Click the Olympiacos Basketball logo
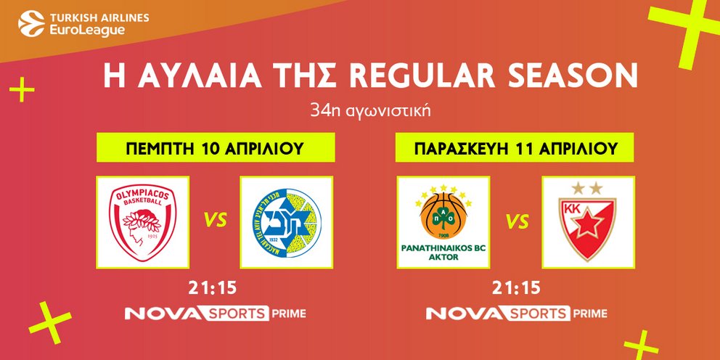(x=143, y=223)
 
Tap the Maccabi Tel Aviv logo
(x=287, y=223)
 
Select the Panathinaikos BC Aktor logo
(x=443, y=223)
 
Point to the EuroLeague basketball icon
(x=31, y=23)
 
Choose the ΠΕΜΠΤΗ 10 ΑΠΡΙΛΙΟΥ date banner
(x=216, y=147)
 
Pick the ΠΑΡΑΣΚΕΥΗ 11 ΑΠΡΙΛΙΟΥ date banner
(x=515, y=147)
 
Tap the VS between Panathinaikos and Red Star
(x=517, y=222)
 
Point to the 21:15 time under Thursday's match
(x=212, y=289)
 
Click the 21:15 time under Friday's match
(x=516, y=289)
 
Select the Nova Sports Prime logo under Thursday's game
(x=216, y=314)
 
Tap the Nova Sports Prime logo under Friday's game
(x=517, y=314)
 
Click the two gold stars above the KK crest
(x=587, y=188)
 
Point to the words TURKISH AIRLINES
(x=99, y=18)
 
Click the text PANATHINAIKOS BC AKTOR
(x=443, y=253)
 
